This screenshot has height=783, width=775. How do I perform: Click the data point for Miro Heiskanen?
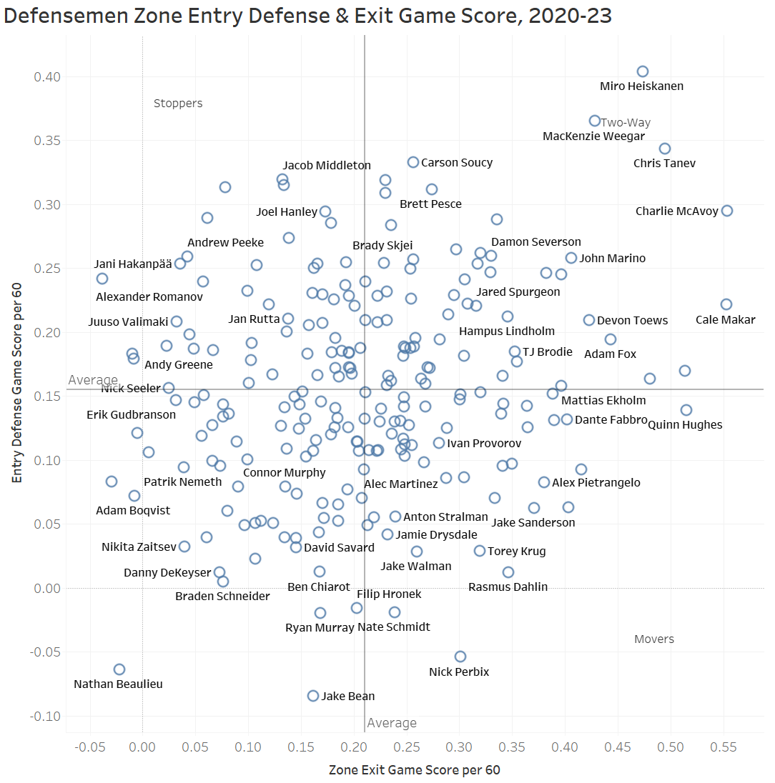(x=643, y=71)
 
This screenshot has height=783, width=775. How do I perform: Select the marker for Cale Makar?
(x=726, y=304)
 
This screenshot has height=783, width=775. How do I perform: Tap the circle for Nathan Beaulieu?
(x=119, y=669)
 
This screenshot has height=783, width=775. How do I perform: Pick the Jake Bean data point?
(x=313, y=696)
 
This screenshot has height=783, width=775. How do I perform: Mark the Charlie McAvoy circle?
(x=727, y=211)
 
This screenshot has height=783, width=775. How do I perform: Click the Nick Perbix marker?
(x=460, y=657)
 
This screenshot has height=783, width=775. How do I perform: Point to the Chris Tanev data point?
(x=665, y=149)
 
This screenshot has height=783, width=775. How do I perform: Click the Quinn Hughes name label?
(x=685, y=425)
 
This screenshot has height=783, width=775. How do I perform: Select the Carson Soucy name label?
(x=457, y=163)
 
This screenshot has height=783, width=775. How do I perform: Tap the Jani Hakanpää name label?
(x=134, y=264)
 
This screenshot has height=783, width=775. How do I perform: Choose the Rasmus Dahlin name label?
(x=508, y=587)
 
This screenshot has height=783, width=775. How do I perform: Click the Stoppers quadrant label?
(x=178, y=104)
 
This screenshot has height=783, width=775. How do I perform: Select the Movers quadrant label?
(x=654, y=639)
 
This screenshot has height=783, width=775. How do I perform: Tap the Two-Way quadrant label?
(x=626, y=123)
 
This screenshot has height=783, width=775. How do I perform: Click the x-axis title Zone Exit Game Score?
(x=414, y=770)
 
